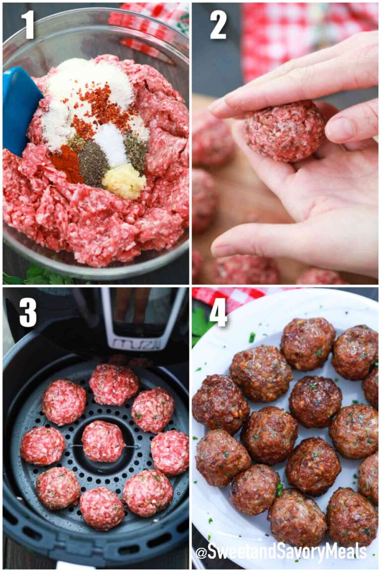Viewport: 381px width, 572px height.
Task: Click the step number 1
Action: click(28, 25)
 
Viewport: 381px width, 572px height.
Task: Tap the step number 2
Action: click(218, 25)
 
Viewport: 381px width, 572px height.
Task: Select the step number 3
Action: click(28, 312)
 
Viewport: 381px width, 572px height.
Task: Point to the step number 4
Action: click(218, 312)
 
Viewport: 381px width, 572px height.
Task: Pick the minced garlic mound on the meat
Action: click(124, 181)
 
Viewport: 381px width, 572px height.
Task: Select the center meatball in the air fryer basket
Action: click(103, 441)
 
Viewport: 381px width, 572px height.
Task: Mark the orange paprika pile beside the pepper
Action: click(67, 164)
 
